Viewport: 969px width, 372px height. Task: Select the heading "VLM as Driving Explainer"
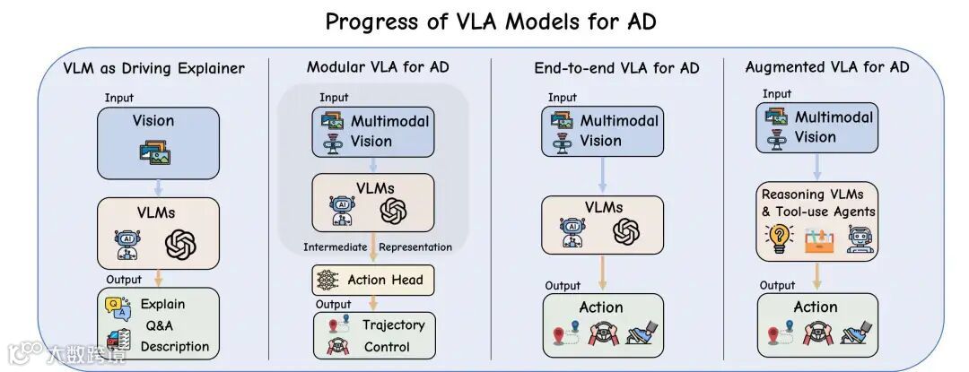153,68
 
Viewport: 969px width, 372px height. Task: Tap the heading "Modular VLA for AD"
378,67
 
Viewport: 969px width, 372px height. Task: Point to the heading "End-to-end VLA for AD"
616,68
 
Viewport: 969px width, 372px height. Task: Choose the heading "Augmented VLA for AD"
826,67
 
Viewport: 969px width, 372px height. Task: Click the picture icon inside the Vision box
154,153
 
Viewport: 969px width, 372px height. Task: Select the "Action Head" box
372,280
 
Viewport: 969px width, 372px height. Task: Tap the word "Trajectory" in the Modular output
393,324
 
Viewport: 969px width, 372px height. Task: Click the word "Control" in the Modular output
387,346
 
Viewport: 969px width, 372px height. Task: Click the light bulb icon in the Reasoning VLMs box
778,238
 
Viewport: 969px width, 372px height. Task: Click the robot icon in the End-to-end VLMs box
572,233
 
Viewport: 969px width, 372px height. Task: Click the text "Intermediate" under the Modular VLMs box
336,247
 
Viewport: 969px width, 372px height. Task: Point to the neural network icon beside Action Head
326,281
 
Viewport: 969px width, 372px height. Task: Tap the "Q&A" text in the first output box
159,325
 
